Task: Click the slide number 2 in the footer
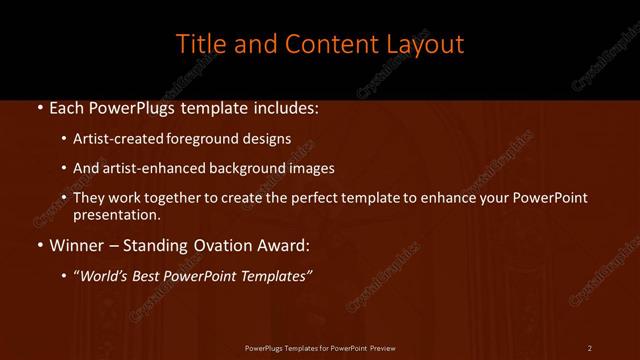coord(590,347)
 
